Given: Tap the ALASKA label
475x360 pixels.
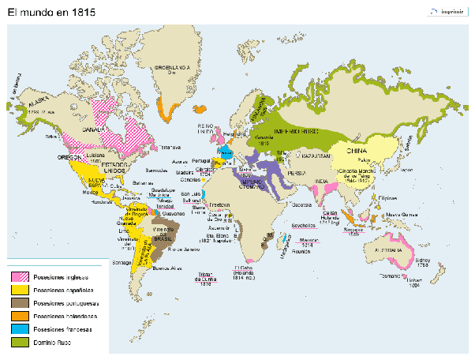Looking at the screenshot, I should [x=38, y=103].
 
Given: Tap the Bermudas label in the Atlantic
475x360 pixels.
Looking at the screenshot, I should [x=158, y=170].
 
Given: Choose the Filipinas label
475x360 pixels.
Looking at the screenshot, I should [x=387, y=197].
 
